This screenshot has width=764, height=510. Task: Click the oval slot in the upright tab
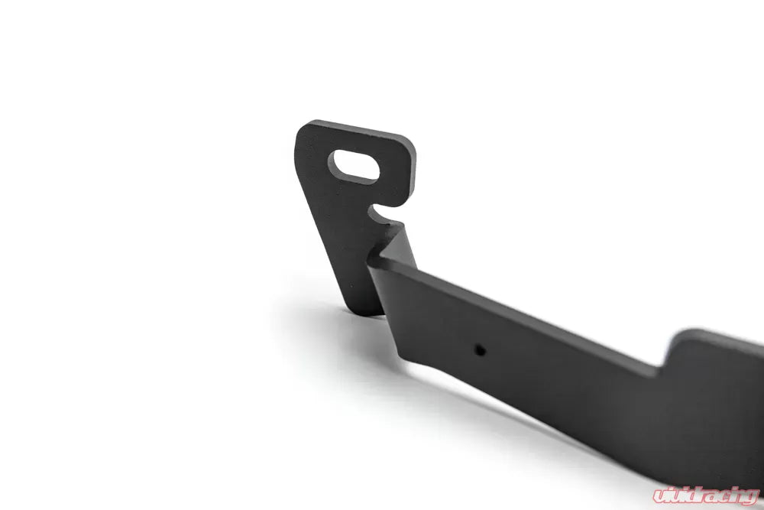[354, 166]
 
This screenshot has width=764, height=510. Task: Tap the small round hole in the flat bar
[481, 350]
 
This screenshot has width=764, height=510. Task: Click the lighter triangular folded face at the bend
[397, 245]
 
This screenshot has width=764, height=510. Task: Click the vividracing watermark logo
[707, 495]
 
